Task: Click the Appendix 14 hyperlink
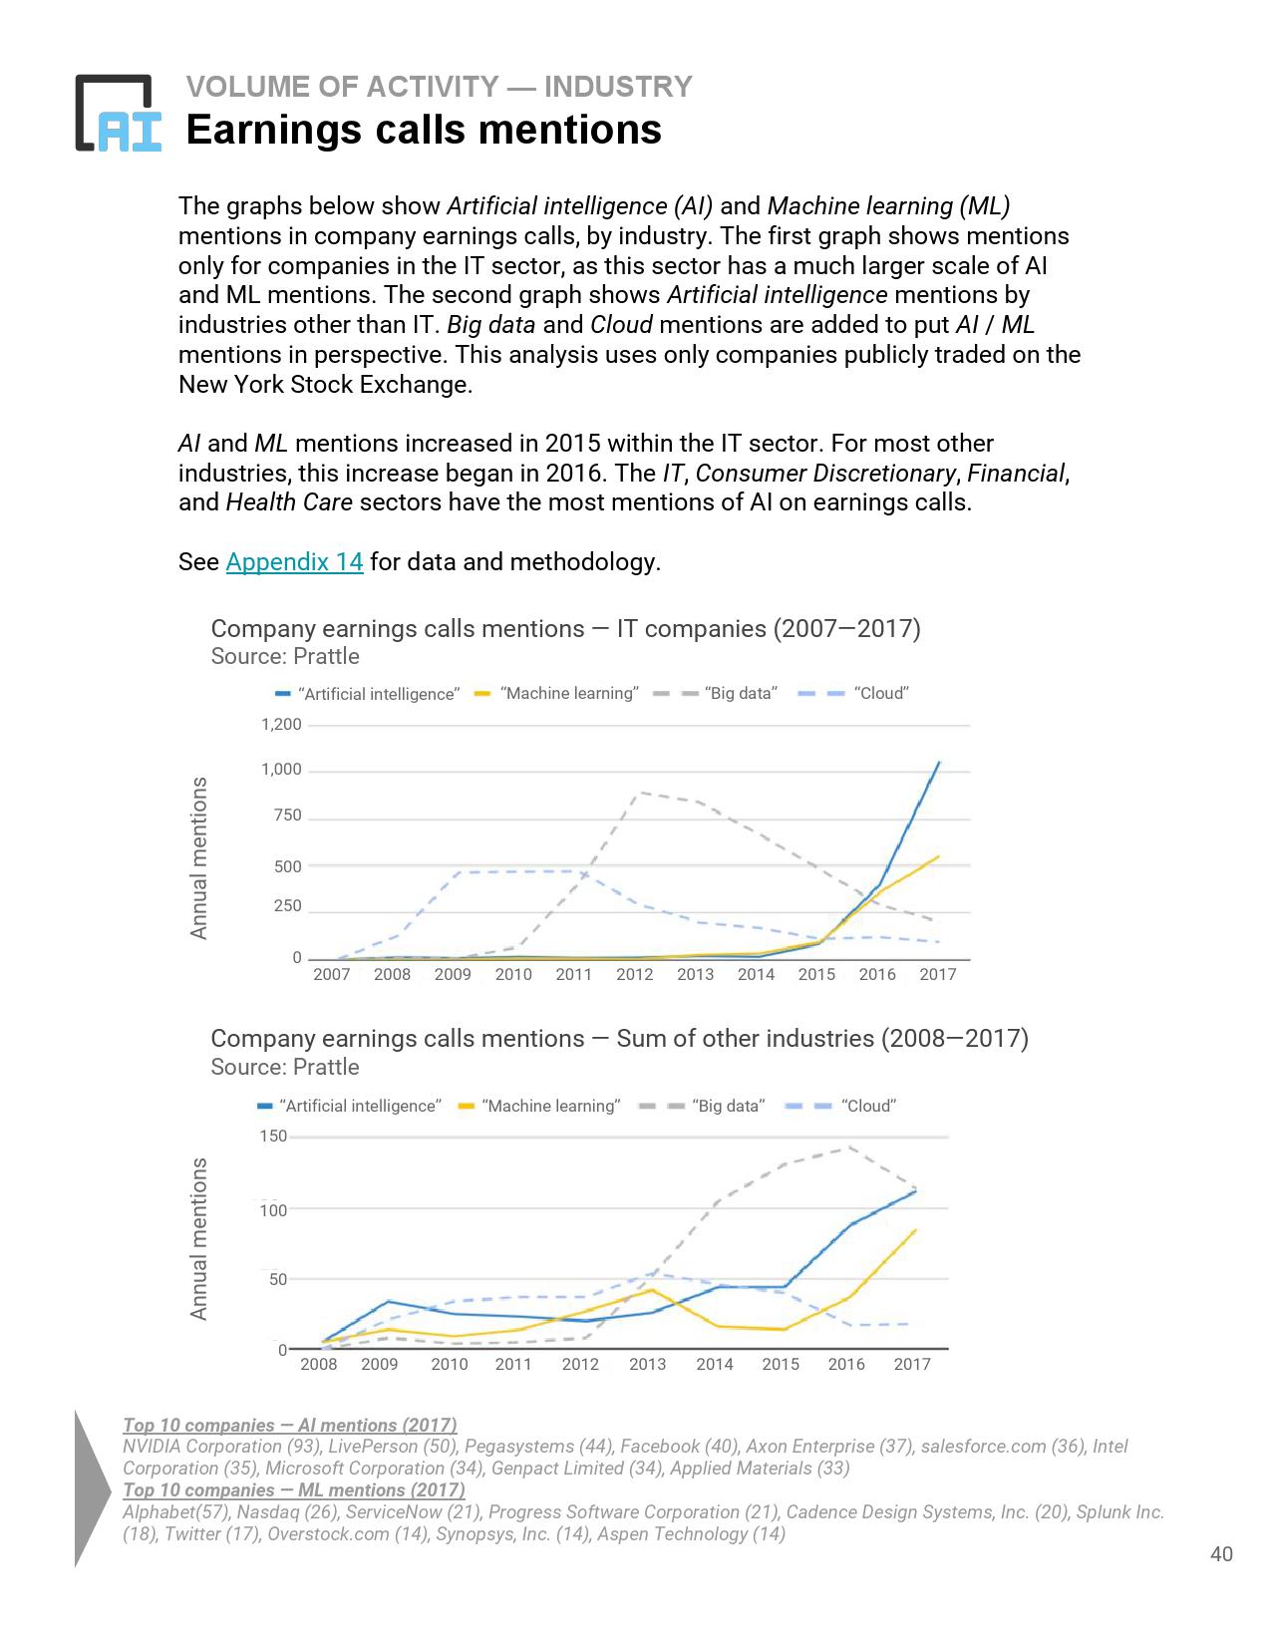(294, 562)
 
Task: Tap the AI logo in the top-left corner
(118, 114)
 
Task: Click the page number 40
(1221, 1554)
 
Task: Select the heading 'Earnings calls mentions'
(424, 130)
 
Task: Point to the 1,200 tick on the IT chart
(281, 725)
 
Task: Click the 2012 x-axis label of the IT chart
(634, 975)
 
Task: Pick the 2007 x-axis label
(331, 975)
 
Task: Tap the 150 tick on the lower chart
(273, 1137)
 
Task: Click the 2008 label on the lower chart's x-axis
(319, 1364)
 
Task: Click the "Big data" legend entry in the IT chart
(740, 694)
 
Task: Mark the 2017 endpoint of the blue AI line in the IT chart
(938, 763)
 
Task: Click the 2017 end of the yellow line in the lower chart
(915, 1230)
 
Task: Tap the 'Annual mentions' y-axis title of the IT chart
(199, 857)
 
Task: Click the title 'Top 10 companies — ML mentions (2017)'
(293, 1490)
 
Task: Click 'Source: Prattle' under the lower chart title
(285, 1068)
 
